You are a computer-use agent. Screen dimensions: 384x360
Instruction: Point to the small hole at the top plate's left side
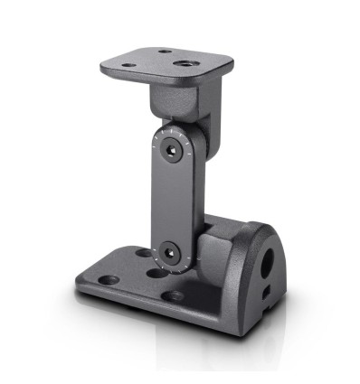pos(128,65)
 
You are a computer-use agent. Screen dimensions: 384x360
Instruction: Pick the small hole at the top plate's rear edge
pos(164,52)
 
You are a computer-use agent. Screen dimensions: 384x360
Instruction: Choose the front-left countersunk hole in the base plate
pos(108,281)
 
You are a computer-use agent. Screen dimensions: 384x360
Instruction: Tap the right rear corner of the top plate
pos(230,63)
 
